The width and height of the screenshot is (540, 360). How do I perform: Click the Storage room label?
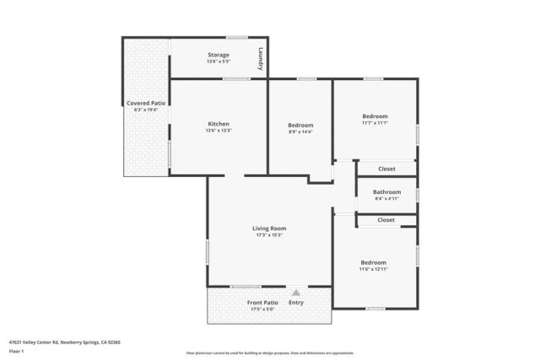click(219, 55)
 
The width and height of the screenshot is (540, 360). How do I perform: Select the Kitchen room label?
click(219, 123)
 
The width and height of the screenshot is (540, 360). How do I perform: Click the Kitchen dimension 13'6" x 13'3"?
click(219, 131)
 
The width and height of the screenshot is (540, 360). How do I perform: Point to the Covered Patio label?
click(146, 103)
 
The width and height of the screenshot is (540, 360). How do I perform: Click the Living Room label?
click(269, 228)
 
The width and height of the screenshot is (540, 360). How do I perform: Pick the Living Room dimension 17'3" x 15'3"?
click(269, 235)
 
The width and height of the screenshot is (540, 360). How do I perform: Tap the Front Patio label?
click(262, 302)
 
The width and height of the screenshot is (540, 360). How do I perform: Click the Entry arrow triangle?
click(295, 293)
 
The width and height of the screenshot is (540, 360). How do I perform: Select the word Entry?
click(296, 302)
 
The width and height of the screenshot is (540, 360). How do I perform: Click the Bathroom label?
click(386, 191)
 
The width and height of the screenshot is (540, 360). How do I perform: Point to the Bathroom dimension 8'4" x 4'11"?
click(386, 199)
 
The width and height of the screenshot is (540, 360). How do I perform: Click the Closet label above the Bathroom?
click(386, 169)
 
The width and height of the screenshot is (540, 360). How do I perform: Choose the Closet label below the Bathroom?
click(386, 220)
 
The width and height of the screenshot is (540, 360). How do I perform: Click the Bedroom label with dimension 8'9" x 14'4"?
click(300, 125)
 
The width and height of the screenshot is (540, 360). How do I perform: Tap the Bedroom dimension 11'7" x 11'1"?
click(375, 123)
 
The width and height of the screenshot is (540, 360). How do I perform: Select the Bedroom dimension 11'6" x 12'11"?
click(373, 269)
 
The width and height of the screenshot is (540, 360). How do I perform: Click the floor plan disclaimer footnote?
click(269, 352)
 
